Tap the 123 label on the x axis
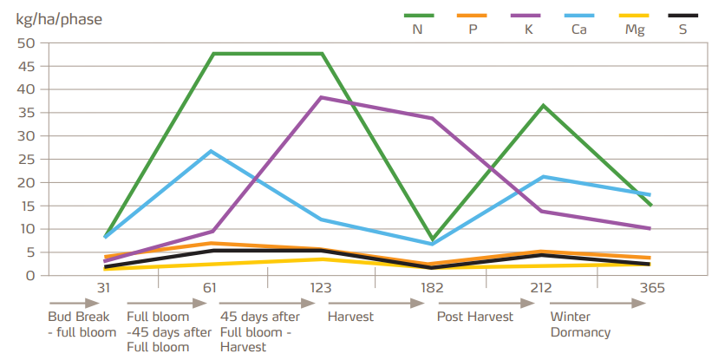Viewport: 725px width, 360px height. click(321, 288)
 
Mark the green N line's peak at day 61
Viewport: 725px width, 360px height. click(213, 54)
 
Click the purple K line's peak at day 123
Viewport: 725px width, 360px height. click(322, 97)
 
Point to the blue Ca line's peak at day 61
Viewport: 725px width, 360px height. click(212, 151)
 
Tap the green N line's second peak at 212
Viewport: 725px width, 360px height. click(543, 106)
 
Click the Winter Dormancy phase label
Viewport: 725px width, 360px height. click(580, 324)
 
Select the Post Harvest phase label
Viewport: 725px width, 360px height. click(474, 317)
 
